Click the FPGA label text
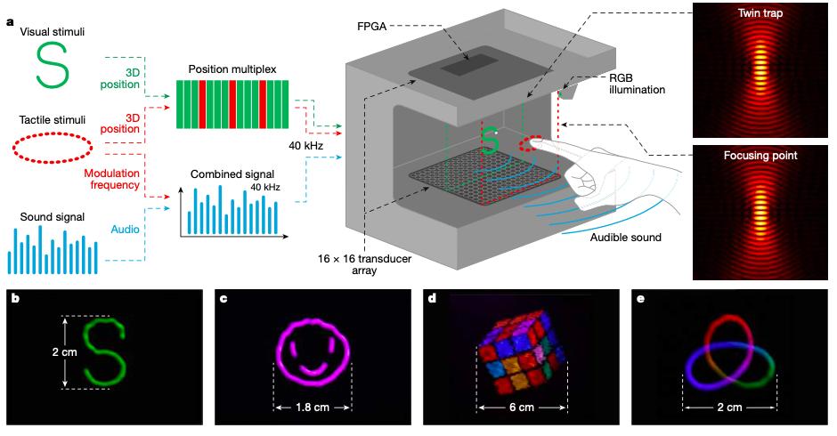tap(372, 27)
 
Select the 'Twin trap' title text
tap(760, 15)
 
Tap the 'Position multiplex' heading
tap(232, 69)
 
